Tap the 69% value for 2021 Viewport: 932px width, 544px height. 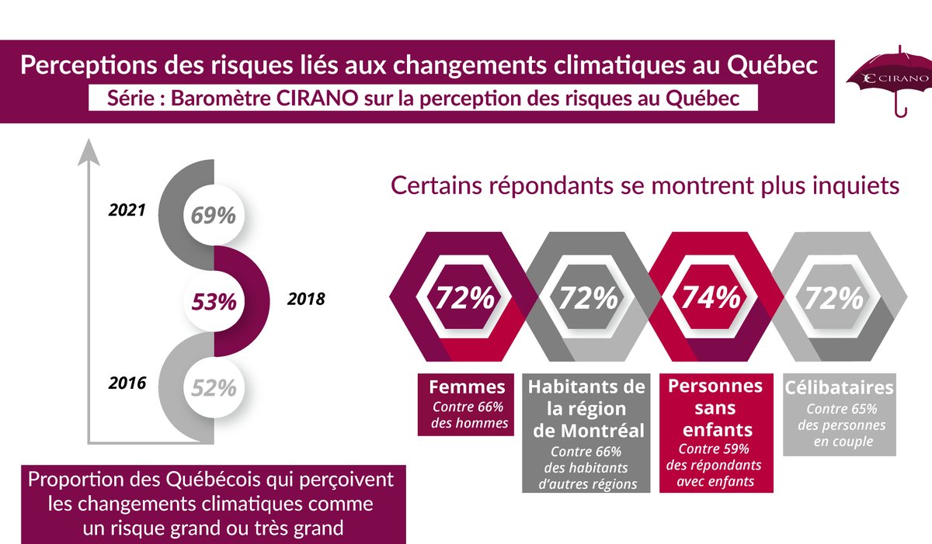pyautogui.click(x=214, y=215)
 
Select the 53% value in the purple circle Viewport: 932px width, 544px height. pyautogui.click(x=214, y=300)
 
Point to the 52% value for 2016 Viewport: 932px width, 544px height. pyautogui.click(x=214, y=386)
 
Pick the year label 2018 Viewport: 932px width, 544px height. pyautogui.click(x=305, y=298)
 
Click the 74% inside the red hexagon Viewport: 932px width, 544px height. pyautogui.click(x=709, y=298)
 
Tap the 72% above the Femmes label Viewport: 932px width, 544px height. pyautogui.click(x=464, y=298)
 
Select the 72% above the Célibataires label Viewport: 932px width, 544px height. pyautogui.click(x=832, y=298)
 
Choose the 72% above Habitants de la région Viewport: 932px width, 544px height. pyautogui.click(x=586, y=298)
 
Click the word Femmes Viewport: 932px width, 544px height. pyautogui.click(x=468, y=386)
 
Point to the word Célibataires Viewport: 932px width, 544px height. pyautogui.click(x=839, y=387)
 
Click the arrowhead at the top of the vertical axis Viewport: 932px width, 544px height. pyautogui.click(x=91, y=149)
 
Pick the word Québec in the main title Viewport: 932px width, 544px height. pyautogui.click(x=774, y=65)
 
